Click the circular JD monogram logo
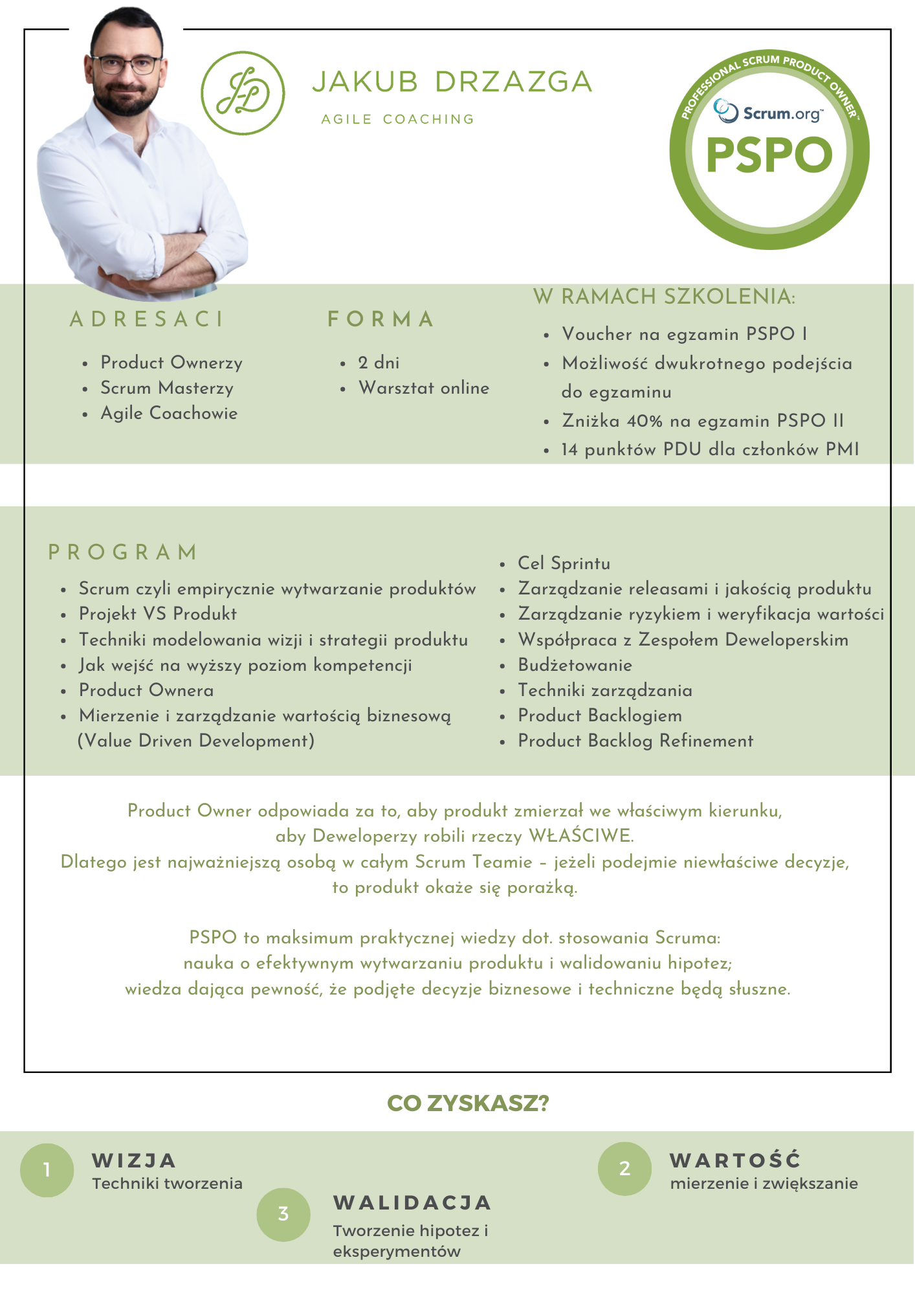[x=243, y=93]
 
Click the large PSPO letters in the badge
[x=769, y=155]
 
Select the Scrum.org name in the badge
[x=782, y=114]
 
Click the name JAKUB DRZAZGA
[x=452, y=82]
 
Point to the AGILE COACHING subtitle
[x=398, y=119]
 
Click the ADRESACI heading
[x=147, y=319]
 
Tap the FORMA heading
[x=380, y=319]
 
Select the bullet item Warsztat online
[x=424, y=388]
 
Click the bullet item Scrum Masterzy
[x=167, y=388]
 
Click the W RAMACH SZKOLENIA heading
[x=665, y=297]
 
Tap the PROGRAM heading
[x=123, y=552]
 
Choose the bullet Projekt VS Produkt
[x=158, y=614]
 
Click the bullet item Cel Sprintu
[x=564, y=563]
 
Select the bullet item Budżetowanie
[x=575, y=665]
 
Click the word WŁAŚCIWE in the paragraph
[x=580, y=836]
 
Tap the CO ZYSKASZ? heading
[x=468, y=1103]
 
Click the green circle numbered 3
[x=283, y=1214]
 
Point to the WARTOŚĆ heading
[x=735, y=1160]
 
